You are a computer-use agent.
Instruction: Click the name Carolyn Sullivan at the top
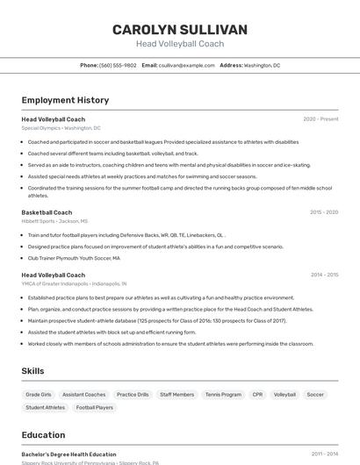[180, 29]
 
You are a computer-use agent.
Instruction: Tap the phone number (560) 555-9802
[118, 65]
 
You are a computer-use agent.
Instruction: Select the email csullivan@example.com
[186, 65]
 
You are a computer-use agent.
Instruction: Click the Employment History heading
[65, 100]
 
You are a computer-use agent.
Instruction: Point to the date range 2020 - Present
[320, 119]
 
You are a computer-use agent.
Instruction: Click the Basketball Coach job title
[47, 212]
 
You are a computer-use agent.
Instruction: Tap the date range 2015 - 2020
[324, 212]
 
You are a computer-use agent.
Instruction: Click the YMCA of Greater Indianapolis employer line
[74, 284]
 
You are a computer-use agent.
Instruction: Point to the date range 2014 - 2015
[324, 275]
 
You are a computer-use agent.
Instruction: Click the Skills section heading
[33, 371]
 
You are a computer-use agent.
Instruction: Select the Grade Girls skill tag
[39, 395]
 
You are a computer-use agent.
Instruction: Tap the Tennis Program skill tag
[223, 395]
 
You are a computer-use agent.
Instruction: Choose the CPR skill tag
[257, 395]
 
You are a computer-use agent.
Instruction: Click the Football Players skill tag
[94, 407]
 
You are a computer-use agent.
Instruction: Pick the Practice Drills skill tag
[133, 395]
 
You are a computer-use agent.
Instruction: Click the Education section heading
[43, 435]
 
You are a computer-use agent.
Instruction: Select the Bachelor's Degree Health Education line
[68, 454]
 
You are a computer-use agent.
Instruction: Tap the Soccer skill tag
[315, 395]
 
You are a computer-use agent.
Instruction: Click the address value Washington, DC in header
[262, 65]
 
